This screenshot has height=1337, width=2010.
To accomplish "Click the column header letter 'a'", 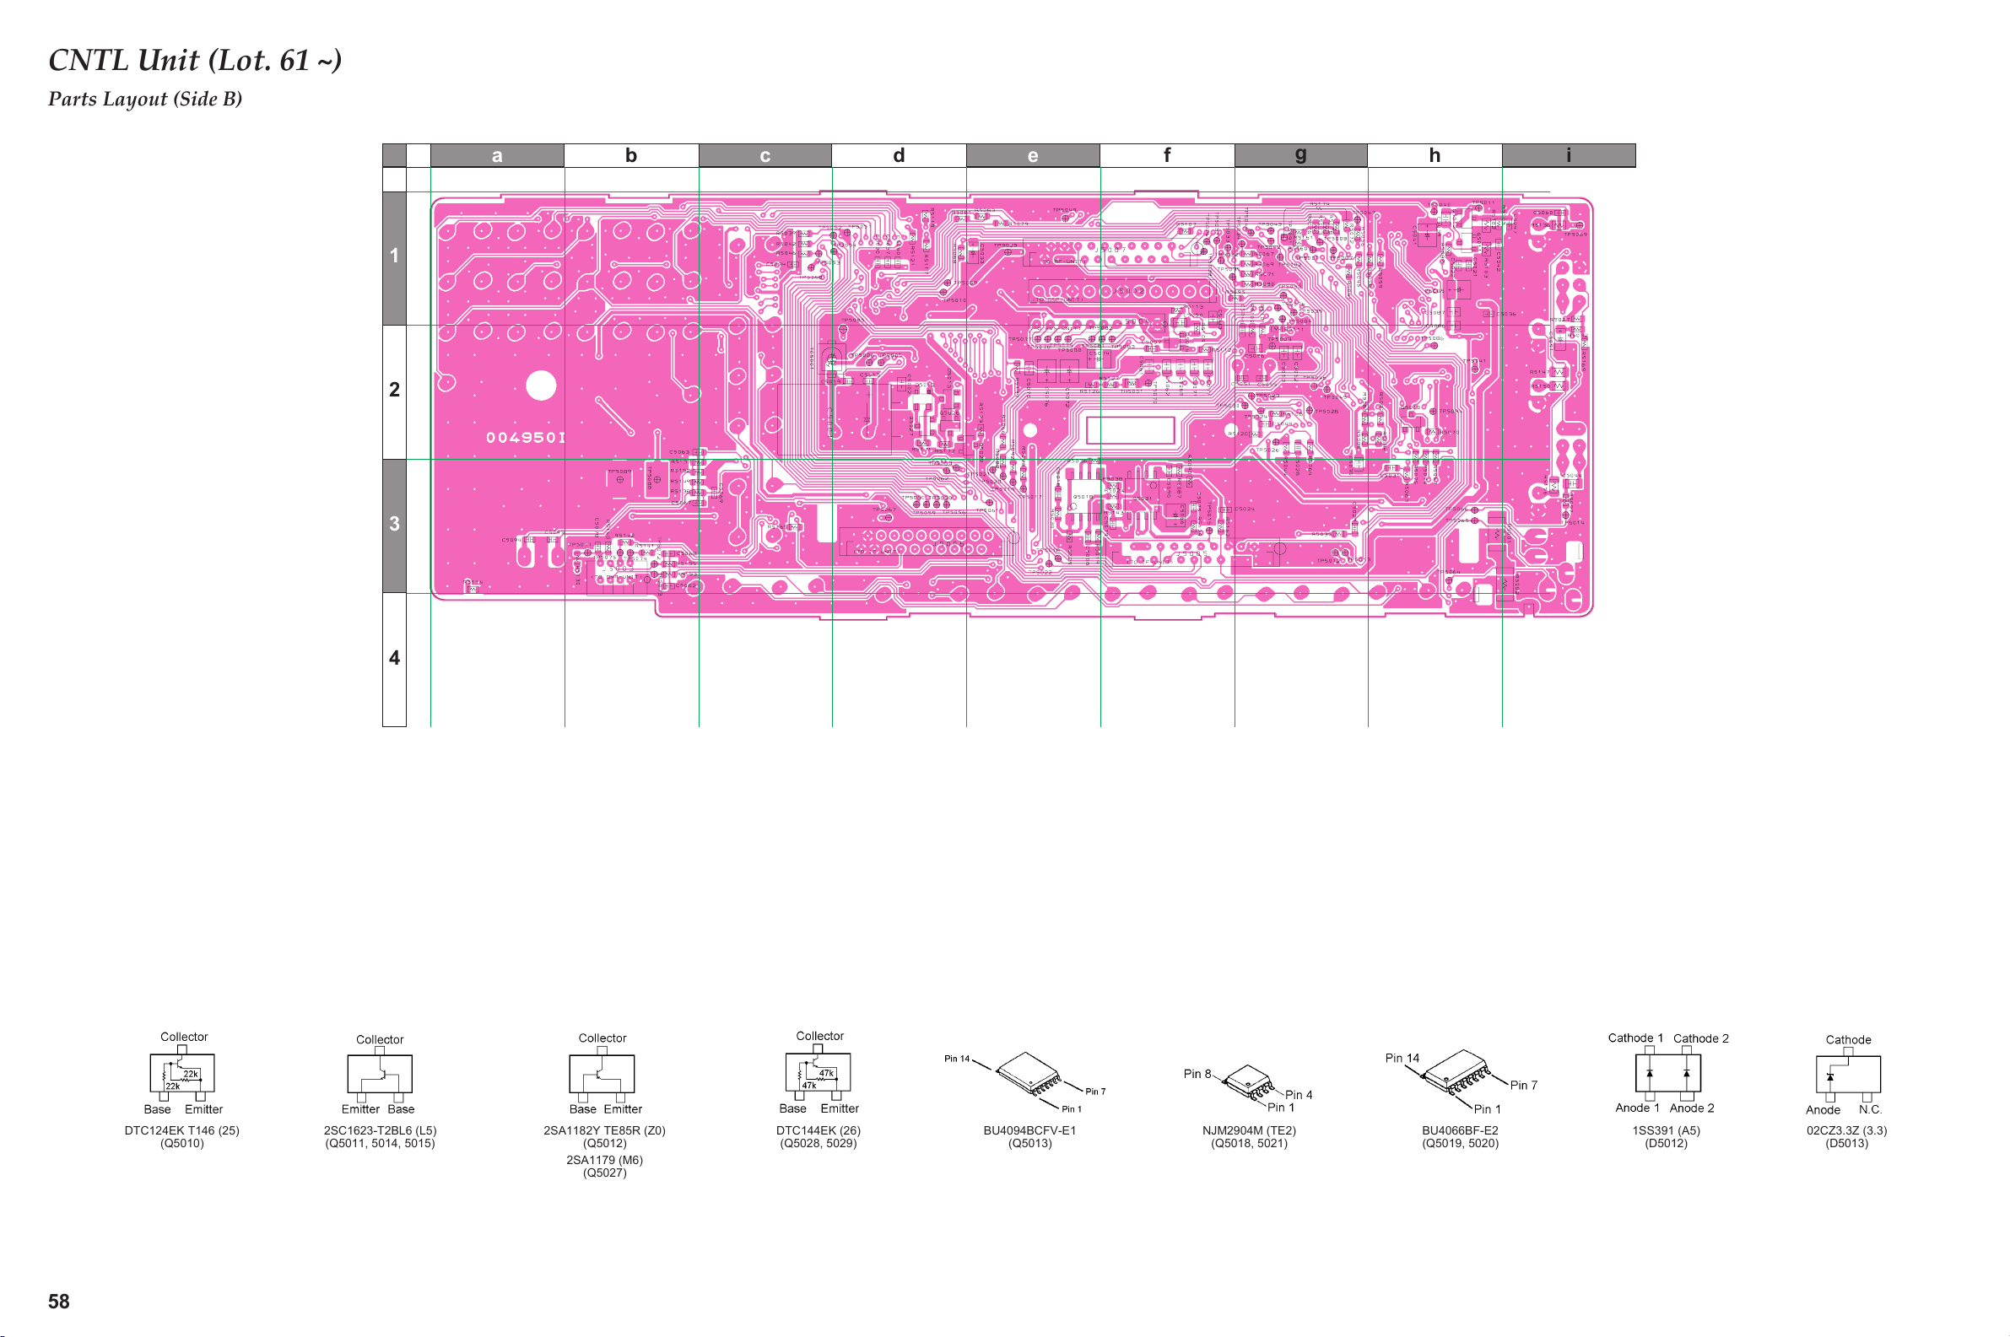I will pyautogui.click(x=497, y=155).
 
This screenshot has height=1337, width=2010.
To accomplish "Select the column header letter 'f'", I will pyautogui.click(x=1167, y=155).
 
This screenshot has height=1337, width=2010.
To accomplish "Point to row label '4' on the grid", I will pyautogui.click(x=394, y=657).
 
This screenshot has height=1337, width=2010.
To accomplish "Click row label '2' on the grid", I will pyautogui.click(x=394, y=390).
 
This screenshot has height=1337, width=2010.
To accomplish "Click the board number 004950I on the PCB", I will pyautogui.click(x=526, y=438).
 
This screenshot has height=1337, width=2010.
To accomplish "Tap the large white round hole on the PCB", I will pyautogui.click(x=541, y=385).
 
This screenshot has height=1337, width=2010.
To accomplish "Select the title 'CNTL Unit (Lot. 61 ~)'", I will pyautogui.click(x=195, y=60).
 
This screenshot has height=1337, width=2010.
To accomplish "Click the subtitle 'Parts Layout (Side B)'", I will pyautogui.click(x=145, y=99).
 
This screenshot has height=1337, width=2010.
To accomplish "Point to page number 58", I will pyautogui.click(x=59, y=1302).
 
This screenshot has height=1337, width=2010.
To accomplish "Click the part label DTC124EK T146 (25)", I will pyautogui.click(x=181, y=1130).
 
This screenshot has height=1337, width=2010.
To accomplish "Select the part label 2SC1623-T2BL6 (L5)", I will pyautogui.click(x=380, y=1130).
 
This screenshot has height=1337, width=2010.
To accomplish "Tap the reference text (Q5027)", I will pyautogui.click(x=605, y=1173).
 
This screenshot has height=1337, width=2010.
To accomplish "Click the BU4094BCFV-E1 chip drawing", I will pyautogui.click(x=1029, y=1074).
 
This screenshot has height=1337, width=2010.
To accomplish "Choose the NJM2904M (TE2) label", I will pyautogui.click(x=1249, y=1130).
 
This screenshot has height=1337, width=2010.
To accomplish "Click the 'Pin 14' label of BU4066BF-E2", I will pyautogui.click(x=1402, y=1058).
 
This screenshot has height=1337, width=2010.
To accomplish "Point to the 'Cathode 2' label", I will pyautogui.click(x=1700, y=1038).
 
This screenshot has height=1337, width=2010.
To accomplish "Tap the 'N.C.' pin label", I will pyautogui.click(x=1870, y=1109).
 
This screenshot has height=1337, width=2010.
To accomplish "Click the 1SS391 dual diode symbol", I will pyautogui.click(x=1667, y=1074).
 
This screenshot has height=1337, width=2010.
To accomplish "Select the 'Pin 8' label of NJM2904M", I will pyautogui.click(x=1197, y=1074).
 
